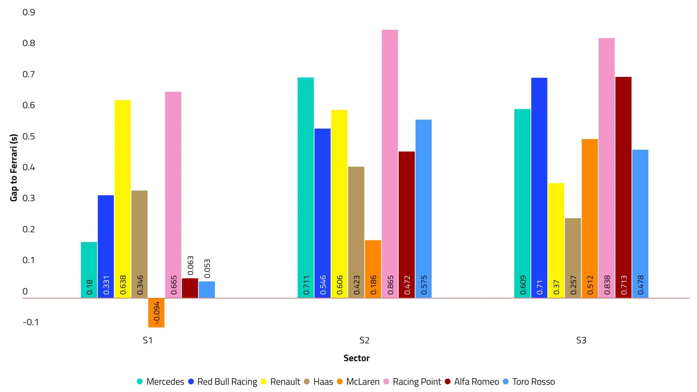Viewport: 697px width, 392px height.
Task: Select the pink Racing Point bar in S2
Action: pyautogui.click(x=390, y=163)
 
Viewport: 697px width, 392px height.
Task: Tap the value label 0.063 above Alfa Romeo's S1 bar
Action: pyautogui.click(x=191, y=265)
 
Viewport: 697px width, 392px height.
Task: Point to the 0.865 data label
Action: pyautogui.click(x=390, y=285)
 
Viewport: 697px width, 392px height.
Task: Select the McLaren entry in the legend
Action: pyautogui.click(x=362, y=382)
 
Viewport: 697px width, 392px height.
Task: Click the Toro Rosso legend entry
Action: pyautogui.click(x=533, y=382)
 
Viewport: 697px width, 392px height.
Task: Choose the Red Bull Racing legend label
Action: pyautogui.click(x=227, y=382)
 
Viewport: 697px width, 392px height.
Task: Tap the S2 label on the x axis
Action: pyautogui.click(x=364, y=340)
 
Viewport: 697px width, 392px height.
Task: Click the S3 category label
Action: pyautogui.click(x=581, y=340)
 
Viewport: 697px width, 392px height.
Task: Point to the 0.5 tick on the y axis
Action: pyautogui.click(x=29, y=136)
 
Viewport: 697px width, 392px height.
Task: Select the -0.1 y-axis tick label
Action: pyautogui.click(x=30, y=322)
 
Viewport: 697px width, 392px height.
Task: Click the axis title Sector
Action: pyautogui.click(x=356, y=358)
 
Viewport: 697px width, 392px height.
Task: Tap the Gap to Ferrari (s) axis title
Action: pyautogui.click(x=14, y=167)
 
